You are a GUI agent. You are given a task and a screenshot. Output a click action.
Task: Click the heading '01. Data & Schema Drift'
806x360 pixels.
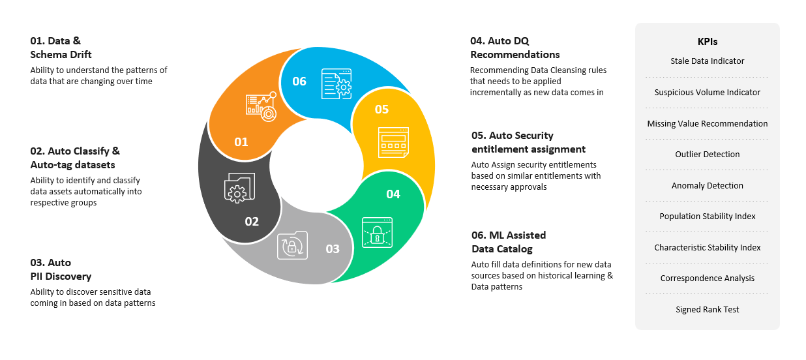(61, 48)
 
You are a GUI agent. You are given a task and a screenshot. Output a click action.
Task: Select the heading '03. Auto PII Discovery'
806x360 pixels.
(61, 269)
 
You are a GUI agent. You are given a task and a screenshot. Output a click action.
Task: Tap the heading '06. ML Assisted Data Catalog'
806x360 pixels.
(509, 242)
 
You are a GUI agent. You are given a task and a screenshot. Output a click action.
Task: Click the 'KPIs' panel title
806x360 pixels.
(708, 42)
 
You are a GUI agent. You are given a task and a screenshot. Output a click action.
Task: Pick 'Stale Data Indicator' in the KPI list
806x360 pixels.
(708, 61)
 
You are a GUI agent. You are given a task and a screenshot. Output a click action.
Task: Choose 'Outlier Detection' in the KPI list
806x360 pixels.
(708, 155)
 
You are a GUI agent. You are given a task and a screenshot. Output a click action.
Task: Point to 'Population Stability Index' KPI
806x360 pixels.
(708, 217)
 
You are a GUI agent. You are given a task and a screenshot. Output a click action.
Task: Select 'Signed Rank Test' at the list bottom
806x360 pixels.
(708, 310)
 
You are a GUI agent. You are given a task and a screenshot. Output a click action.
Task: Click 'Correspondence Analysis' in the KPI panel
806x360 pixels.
(708, 278)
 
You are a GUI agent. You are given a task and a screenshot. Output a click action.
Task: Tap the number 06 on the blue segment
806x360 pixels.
(299, 82)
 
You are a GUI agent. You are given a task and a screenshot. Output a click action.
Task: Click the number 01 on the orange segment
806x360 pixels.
(241, 142)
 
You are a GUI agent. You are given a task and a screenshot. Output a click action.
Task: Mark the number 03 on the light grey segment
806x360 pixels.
(333, 248)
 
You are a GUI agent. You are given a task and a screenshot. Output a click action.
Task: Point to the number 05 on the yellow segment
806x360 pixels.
(381, 110)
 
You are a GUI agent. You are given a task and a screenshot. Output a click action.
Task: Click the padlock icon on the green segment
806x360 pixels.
(377, 233)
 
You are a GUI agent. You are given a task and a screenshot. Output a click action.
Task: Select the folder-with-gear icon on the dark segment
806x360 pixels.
(239, 188)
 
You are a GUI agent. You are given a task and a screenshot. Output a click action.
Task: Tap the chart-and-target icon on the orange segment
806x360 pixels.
(261, 106)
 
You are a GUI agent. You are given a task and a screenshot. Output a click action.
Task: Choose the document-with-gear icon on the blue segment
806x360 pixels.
(336, 84)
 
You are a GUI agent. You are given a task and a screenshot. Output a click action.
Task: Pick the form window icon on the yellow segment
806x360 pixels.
(393, 143)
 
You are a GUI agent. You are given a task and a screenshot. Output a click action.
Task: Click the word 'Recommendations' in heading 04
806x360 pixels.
(515, 55)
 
